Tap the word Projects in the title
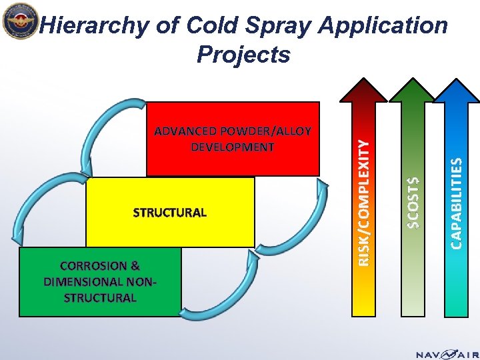(243, 54)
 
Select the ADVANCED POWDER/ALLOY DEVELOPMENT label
(233, 139)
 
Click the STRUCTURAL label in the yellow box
(170, 213)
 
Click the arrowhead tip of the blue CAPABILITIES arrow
(457, 81)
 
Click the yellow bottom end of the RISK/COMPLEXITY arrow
(364, 303)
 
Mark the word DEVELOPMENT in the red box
(233, 147)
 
